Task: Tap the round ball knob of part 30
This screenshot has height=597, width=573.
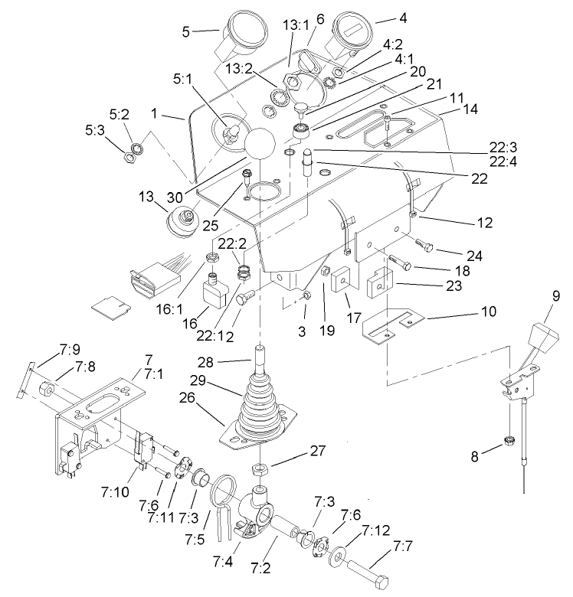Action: [260, 145]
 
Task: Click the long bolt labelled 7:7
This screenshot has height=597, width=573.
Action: [366, 567]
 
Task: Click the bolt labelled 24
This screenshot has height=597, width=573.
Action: [425, 245]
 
